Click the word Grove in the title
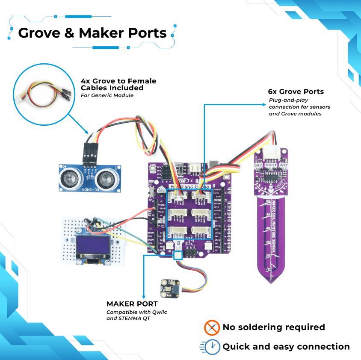pos(39,33)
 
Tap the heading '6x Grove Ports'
pos(296,91)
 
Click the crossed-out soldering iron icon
pos(212,328)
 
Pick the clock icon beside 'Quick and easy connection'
pos(213,347)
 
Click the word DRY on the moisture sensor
pos(258,165)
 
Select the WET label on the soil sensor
pos(284,165)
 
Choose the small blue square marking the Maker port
pos(178,255)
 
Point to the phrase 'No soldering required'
pos(273,328)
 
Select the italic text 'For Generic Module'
pos(107,95)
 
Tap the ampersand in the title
pos(71,33)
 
